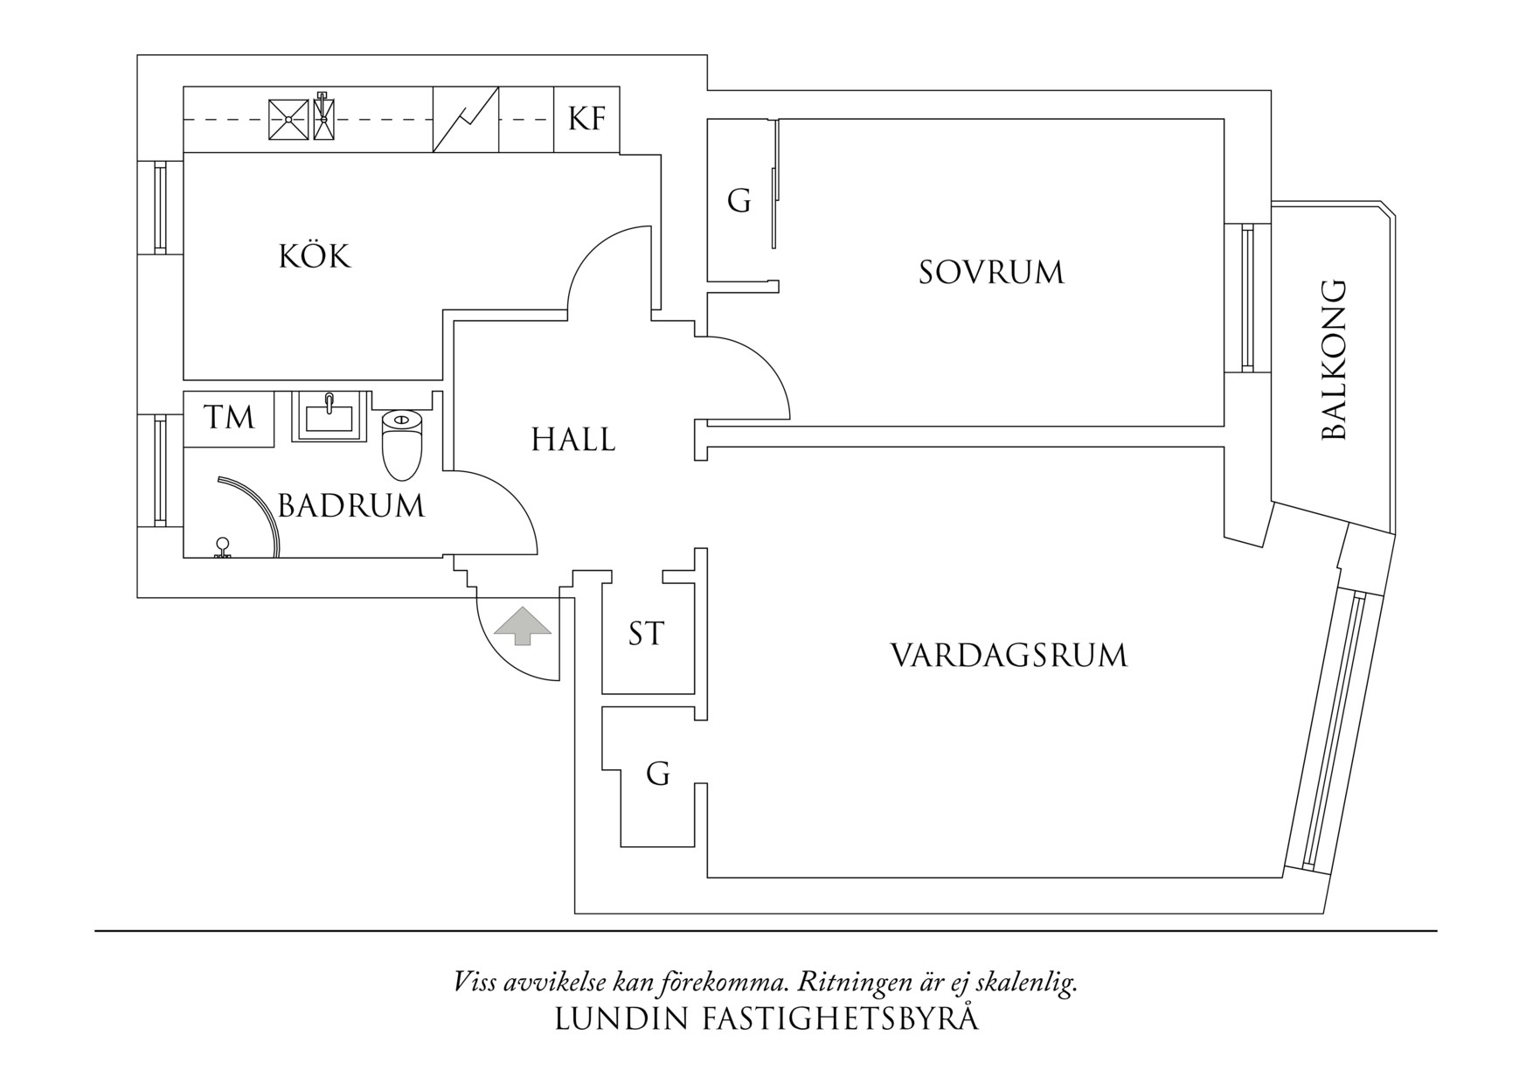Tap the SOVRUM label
[x=991, y=272]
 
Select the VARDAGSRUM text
[x=1009, y=655]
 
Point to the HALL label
[x=573, y=439]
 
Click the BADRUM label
[x=351, y=505]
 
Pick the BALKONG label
[x=1334, y=360]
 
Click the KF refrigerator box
[x=587, y=119]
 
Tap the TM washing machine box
[x=229, y=418]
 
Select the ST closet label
[x=647, y=633]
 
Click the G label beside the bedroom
[x=739, y=202]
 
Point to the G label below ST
[x=658, y=774]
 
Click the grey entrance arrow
[x=522, y=626]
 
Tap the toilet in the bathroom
[x=402, y=444]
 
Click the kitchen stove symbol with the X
[x=288, y=119]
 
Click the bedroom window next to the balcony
[x=1247, y=298]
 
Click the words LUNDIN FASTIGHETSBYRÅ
[x=766, y=1019]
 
